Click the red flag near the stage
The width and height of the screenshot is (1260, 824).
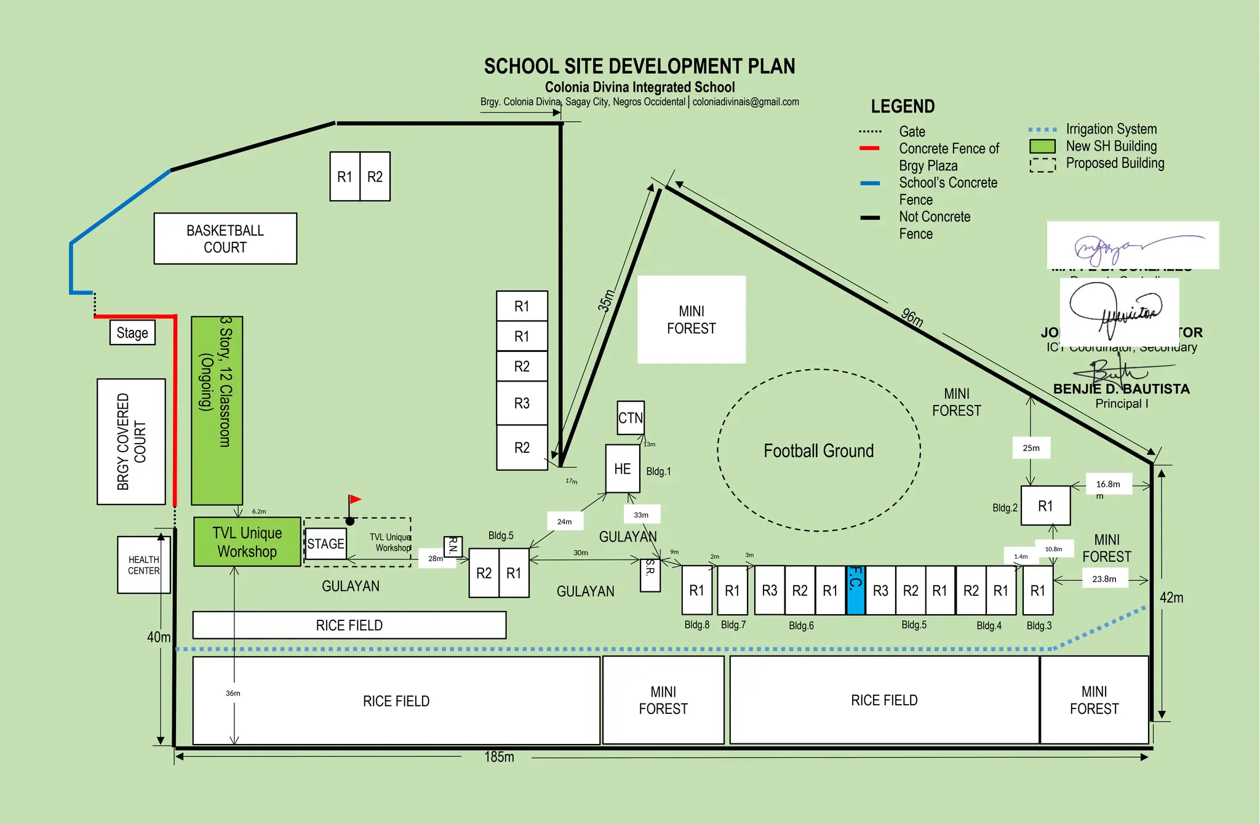(355, 499)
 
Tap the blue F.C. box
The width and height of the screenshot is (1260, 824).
(856, 590)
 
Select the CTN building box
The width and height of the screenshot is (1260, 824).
(631, 418)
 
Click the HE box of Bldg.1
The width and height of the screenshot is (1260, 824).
(623, 469)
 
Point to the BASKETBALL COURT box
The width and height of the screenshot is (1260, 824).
(225, 239)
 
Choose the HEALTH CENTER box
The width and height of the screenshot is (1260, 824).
(143, 565)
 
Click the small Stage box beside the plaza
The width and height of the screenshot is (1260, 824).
(132, 333)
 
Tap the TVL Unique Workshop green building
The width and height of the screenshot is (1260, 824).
(247, 542)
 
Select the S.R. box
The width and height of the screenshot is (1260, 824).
(650, 575)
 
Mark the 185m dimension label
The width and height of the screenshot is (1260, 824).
(499, 757)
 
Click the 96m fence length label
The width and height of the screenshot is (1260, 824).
(912, 318)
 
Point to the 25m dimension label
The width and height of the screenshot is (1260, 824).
(1031, 448)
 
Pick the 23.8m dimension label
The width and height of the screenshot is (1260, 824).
(1104, 579)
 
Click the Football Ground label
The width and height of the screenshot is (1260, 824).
(818, 451)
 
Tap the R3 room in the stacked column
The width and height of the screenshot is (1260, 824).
(522, 403)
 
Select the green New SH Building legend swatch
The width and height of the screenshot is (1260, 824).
(1042, 146)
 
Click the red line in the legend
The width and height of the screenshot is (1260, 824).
(869, 148)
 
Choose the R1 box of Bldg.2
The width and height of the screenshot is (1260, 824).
(1045, 506)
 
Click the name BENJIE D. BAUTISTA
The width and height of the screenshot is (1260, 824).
(1121, 389)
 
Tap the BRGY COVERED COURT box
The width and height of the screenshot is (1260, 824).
(131, 441)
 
